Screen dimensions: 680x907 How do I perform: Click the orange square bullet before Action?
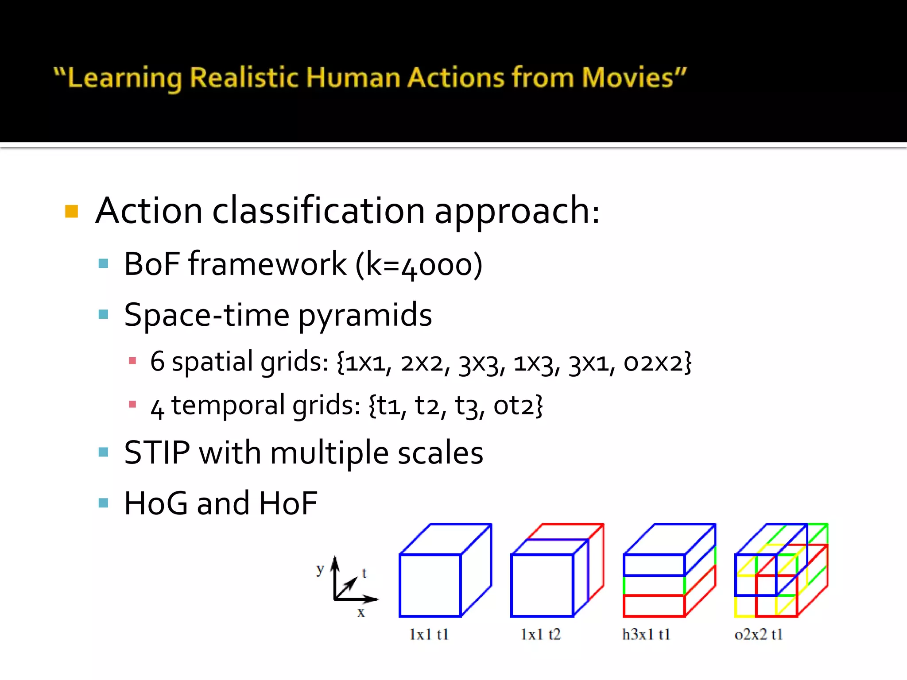71,211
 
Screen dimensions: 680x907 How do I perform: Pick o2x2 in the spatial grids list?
657,362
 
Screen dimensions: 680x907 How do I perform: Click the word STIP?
157,453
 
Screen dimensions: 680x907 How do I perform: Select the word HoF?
288,504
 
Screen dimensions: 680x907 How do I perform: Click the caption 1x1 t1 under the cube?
429,634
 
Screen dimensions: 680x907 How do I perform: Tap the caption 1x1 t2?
541,634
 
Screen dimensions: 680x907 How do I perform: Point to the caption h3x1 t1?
646,634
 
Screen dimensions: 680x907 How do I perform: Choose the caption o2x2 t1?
759,634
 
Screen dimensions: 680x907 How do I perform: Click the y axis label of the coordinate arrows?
320,569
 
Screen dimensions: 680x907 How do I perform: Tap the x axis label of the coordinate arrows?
361,613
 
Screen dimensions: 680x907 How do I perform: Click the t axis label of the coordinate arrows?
364,573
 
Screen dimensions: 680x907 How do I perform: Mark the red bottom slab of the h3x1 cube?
654,606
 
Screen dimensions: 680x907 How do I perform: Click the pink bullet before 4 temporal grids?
132,404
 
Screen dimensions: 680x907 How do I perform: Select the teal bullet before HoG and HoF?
103,503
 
